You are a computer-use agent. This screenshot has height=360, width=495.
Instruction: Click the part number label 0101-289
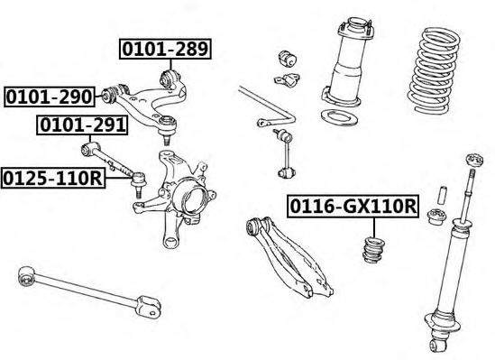coord(165,49)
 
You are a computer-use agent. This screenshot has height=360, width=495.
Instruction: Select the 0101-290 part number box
coord(50,97)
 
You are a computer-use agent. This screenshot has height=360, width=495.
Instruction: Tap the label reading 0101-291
coord(82,125)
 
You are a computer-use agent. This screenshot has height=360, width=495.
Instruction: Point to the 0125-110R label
coord(53,179)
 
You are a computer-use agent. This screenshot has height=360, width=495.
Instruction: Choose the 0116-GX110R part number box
coord(353,207)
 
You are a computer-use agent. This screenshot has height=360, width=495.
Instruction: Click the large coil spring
coord(434,70)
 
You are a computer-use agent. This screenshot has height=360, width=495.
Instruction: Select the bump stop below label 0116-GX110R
coord(374,249)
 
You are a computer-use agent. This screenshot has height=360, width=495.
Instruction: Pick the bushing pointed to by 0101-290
coord(109,95)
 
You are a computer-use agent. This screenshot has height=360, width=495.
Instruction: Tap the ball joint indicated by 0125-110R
coord(138,182)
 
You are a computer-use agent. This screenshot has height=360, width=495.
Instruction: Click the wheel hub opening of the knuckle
coord(194,199)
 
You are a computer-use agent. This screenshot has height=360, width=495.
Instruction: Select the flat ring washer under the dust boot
coord(339,117)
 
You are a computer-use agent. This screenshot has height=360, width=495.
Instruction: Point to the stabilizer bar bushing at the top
coord(287,59)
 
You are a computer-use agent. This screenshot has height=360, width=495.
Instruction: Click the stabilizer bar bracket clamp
coord(287,79)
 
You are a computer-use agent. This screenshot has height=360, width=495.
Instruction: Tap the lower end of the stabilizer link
coord(287,172)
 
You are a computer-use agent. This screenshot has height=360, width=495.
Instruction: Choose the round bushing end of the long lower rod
coord(27,276)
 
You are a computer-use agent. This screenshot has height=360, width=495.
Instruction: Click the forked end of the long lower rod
coord(150,306)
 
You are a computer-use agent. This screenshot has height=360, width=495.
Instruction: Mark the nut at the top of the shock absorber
coord(474,160)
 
